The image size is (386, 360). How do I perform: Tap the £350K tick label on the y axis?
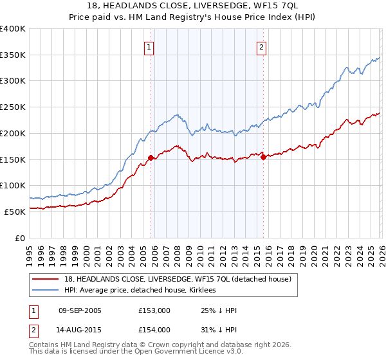click(x=13, y=55)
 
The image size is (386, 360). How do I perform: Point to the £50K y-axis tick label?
click(x=15, y=212)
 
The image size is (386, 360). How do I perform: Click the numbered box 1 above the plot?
click(x=149, y=46)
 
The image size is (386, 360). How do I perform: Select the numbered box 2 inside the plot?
click(x=262, y=46)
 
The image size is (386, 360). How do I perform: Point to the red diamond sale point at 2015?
click(x=264, y=157)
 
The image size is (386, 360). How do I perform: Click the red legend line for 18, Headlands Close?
click(x=46, y=279)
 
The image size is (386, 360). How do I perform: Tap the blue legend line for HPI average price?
click(x=46, y=290)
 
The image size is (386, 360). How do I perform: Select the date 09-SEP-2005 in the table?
click(x=80, y=310)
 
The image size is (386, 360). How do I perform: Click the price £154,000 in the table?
click(x=154, y=330)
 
